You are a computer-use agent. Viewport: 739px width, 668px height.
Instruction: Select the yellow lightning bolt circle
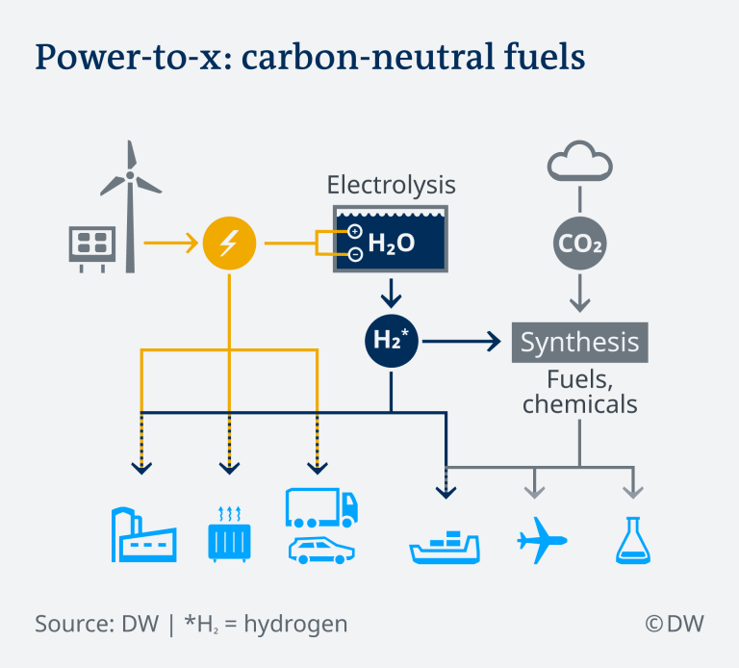[x=230, y=244]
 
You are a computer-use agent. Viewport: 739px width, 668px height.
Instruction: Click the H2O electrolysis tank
[x=391, y=239]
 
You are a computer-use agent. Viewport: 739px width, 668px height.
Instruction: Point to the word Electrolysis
[x=392, y=185]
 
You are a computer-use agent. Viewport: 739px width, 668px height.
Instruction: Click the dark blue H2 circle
[x=392, y=341]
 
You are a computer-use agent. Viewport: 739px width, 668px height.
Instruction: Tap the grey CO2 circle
[x=579, y=244]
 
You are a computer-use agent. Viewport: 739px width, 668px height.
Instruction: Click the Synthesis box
[x=579, y=343]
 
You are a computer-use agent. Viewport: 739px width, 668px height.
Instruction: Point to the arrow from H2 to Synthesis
[x=462, y=341]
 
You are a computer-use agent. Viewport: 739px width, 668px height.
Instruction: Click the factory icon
[x=143, y=534]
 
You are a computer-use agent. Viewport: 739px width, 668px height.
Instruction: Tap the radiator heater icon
[x=230, y=534]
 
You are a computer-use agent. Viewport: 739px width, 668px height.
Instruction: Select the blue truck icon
[x=321, y=507]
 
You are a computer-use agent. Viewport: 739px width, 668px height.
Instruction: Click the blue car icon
[x=321, y=551]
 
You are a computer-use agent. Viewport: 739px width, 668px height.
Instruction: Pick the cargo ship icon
[x=445, y=548]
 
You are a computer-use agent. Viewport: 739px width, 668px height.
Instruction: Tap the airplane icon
[x=541, y=540]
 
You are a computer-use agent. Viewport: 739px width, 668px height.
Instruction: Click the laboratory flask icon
[x=633, y=540]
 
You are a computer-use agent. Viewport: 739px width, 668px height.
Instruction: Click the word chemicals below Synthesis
[x=579, y=404]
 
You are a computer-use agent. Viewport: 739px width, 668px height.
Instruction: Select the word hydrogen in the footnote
[x=295, y=625]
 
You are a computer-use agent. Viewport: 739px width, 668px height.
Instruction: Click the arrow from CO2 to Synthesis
[x=579, y=293]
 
